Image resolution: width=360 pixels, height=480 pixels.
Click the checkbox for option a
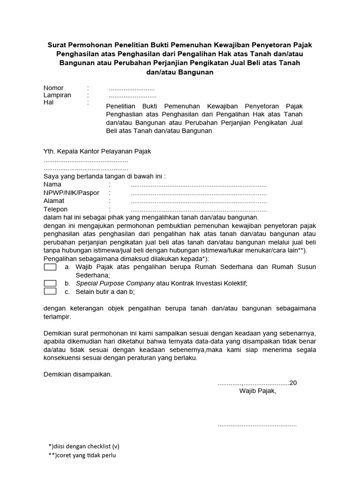[50, 267]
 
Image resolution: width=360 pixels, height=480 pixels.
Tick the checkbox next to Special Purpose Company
[50, 283]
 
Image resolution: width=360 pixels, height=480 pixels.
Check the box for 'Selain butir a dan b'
[50, 291]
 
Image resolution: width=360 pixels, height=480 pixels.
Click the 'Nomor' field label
[53, 88]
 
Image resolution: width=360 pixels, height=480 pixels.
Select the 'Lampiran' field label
[57, 95]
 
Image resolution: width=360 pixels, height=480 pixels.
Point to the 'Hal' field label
[49, 102]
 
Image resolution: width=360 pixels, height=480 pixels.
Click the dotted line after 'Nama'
[198, 185]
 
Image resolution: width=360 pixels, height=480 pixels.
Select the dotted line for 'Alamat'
[198, 201]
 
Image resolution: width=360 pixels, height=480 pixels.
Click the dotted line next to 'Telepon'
[198, 210]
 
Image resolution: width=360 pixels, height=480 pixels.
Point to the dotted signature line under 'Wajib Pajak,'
[257, 425]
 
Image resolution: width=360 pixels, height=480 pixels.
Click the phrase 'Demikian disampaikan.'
[78, 375]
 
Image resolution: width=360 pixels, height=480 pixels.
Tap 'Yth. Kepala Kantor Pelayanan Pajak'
[97, 151]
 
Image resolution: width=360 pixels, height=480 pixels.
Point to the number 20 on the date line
[293, 382]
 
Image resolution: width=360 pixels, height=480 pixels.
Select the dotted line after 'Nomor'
[132, 88]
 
